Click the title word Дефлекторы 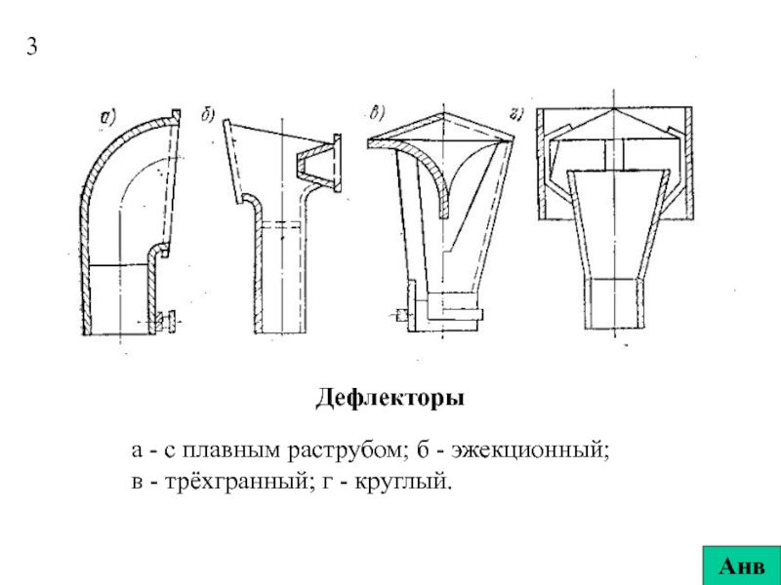click(x=390, y=399)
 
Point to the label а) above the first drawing click(x=107, y=118)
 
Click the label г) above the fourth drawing click(x=517, y=114)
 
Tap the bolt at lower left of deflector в click(x=403, y=314)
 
